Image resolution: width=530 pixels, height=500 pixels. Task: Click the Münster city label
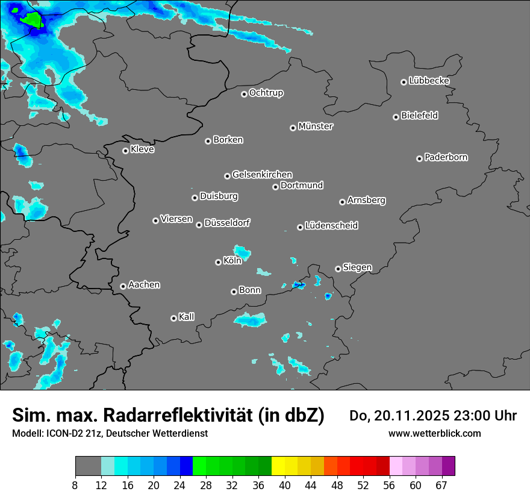(x=316, y=127)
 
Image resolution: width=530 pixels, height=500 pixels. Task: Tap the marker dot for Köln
(x=218, y=262)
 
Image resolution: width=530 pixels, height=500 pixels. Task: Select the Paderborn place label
(x=446, y=157)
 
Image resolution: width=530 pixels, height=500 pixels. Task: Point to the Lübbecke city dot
(x=404, y=82)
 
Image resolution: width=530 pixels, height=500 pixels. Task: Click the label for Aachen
(x=144, y=285)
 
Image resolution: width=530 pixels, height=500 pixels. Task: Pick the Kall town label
(x=187, y=317)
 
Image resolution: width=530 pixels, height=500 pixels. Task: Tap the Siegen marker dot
(x=338, y=269)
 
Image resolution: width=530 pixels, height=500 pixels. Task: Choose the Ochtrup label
(x=266, y=93)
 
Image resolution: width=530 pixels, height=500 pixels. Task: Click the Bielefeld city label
(x=420, y=116)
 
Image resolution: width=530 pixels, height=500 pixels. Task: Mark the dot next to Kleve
(x=125, y=151)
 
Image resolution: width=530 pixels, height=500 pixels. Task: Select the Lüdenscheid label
(x=332, y=226)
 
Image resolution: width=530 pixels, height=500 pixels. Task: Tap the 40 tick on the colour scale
(x=285, y=484)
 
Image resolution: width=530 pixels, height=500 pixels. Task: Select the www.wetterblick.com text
(x=434, y=433)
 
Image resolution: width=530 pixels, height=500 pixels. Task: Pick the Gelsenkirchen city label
(x=262, y=175)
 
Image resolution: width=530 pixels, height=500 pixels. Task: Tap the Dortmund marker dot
(x=275, y=187)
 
